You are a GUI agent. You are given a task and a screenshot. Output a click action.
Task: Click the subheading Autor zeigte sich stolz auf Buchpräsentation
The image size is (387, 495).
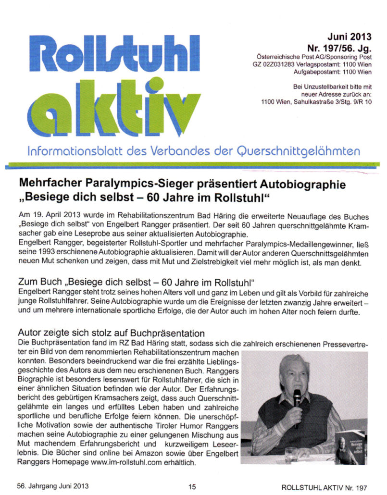112,333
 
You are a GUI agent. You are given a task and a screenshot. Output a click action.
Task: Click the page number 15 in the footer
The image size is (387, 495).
192,487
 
